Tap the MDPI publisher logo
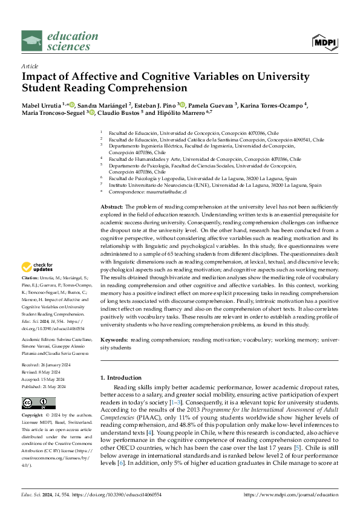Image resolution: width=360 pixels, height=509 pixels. [x=325, y=42]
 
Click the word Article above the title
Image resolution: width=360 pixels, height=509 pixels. [x=30, y=66]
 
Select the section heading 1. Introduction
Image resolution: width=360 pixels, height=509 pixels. [x=120, y=377]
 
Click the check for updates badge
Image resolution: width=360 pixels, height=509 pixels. [x=38, y=267]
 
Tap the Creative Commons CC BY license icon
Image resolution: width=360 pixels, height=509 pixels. [x=35, y=404]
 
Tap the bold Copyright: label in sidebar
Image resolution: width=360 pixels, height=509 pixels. [x=33, y=416]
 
